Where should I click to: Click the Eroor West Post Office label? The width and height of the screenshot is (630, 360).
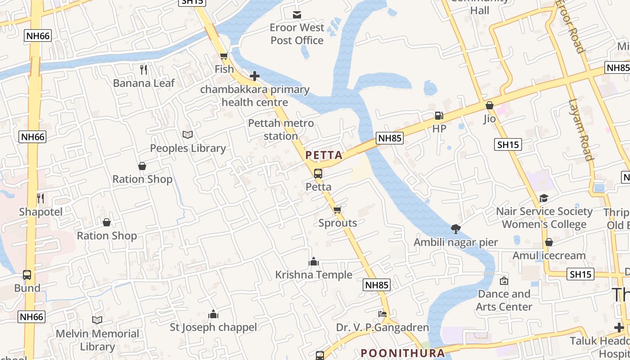[297, 34]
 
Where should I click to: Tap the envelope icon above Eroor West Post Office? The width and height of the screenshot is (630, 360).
[297, 15]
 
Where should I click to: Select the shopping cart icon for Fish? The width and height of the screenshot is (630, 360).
[224, 56]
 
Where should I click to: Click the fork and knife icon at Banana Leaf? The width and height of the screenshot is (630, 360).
[144, 69]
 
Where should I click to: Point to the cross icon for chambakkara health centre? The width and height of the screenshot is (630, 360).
[255, 76]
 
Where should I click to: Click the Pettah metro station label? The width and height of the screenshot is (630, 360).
[281, 129]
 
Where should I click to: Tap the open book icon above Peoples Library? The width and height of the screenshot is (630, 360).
[188, 135]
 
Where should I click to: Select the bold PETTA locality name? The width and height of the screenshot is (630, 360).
[324, 155]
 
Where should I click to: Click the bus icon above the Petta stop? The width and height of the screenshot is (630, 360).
[318, 173]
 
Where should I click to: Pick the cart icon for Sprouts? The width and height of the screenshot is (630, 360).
[337, 209]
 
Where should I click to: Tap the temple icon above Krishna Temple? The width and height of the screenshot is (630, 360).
[314, 261]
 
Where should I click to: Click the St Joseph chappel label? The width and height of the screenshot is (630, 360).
[213, 327]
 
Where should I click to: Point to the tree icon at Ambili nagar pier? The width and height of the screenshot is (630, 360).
[456, 229]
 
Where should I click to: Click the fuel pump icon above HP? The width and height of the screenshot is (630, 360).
[439, 115]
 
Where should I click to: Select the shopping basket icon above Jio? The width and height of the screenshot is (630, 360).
[490, 105]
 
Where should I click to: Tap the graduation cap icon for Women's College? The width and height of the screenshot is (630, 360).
[544, 198]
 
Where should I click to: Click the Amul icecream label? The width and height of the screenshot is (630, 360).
[549, 256]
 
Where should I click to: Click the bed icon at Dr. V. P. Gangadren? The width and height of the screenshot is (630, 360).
[382, 314]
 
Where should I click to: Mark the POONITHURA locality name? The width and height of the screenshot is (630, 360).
[403, 353]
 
